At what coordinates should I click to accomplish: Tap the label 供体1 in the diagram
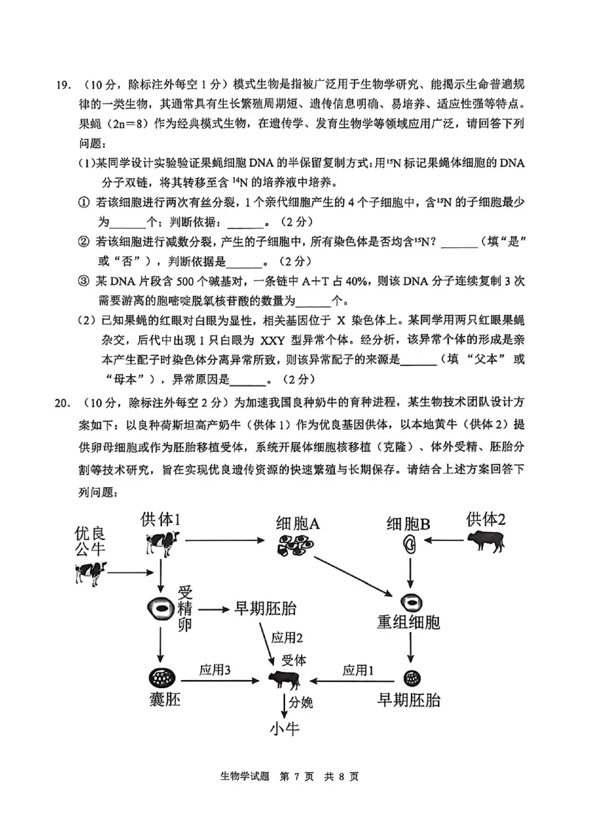coord(161,520)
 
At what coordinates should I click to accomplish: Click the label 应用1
coord(359,670)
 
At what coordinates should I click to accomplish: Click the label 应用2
coord(287,637)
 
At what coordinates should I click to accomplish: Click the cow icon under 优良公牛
coord(90,573)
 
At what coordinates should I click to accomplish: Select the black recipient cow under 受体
coord(284,678)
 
